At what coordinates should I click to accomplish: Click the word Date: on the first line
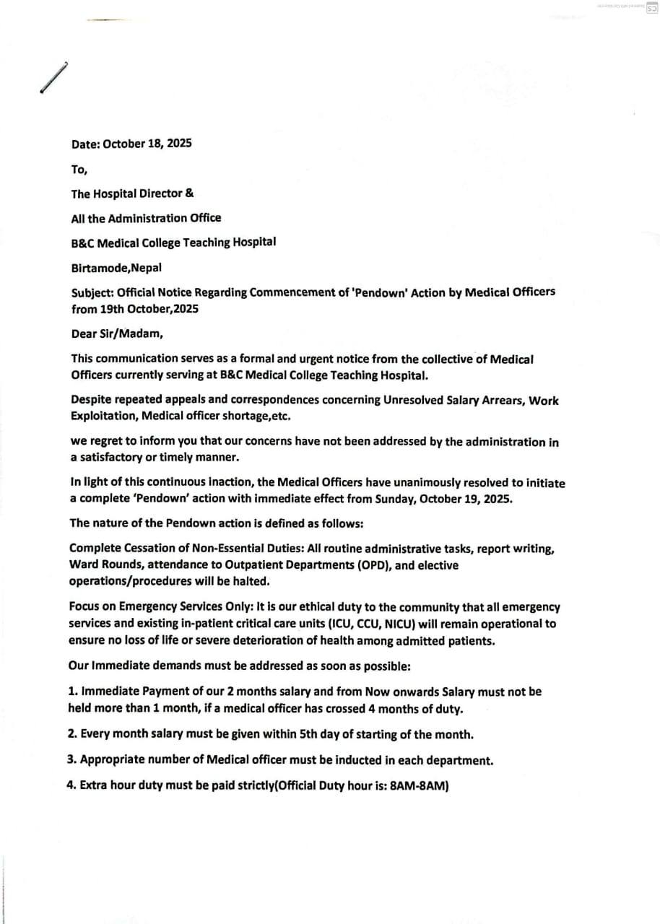point(86,144)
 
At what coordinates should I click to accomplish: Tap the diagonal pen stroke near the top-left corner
point(53,78)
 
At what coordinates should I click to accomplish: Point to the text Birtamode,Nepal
point(116,267)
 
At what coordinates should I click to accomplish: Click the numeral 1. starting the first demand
point(73,692)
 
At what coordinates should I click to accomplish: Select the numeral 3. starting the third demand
point(72,761)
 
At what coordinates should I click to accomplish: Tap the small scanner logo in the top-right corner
point(651,6)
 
